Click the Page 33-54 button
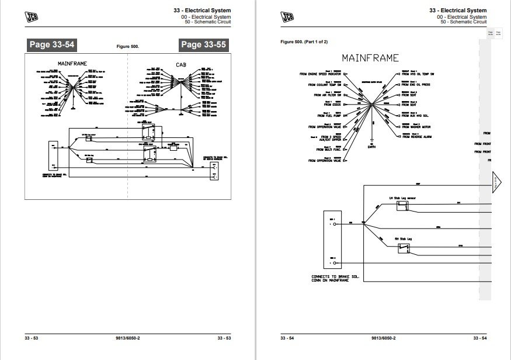coord(51,44)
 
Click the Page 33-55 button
coord(204,44)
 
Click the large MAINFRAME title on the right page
coord(370,58)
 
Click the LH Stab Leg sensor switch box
coord(402,207)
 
